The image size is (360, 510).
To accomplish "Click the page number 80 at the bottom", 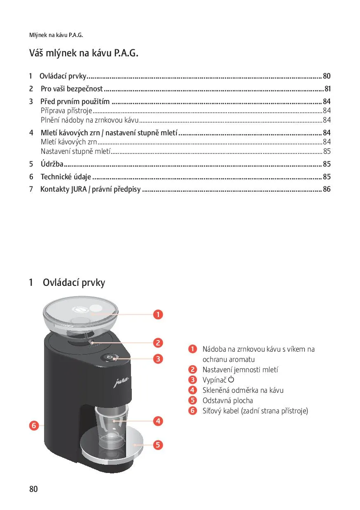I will [33, 489].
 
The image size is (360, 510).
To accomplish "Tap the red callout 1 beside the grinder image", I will [158, 315].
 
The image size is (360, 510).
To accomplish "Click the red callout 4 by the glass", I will [158, 421].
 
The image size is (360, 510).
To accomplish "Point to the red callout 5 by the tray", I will [158, 445].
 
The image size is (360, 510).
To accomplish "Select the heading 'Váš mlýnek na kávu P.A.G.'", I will [84, 53].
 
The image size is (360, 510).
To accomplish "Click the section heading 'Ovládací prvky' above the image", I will [74, 283].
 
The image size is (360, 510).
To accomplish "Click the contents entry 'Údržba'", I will [52, 164].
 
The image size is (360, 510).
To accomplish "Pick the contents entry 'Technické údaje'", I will [66, 177].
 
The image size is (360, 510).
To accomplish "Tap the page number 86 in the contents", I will [327, 190].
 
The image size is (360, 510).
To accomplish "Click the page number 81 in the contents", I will [327, 89].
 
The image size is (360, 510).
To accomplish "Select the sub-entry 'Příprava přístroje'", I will [66, 111].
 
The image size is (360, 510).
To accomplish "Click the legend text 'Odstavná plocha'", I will [228, 401].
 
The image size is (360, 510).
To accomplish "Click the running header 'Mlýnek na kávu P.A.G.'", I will [56, 35].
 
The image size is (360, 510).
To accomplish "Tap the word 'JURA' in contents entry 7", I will [79, 190].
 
